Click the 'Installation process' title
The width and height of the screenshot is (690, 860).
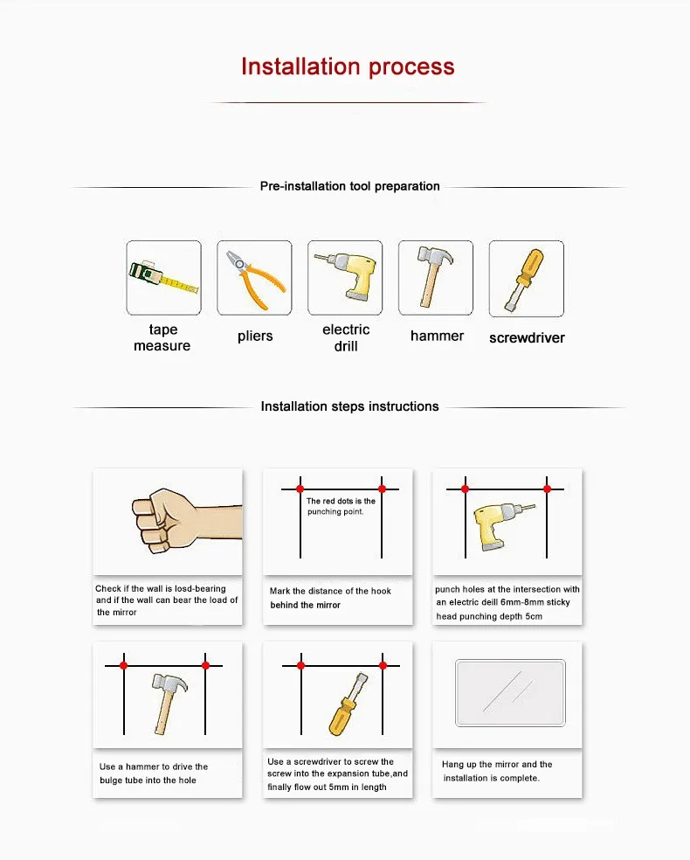tap(348, 67)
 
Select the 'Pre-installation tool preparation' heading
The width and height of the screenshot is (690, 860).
tap(349, 186)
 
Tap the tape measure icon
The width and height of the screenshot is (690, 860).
tap(163, 277)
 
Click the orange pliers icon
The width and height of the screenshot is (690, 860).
tap(254, 277)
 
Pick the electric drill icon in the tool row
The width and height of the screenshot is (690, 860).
tap(345, 277)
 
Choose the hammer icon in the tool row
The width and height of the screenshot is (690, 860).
tap(435, 277)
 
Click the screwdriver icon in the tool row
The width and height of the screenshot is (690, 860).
tap(526, 277)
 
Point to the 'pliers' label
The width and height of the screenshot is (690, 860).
tap(255, 336)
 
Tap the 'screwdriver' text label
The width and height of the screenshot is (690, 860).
tap(527, 338)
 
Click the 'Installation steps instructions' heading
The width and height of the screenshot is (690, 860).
tap(349, 406)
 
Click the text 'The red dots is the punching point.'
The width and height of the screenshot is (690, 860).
tap(341, 506)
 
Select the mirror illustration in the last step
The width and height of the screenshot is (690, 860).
tap(510, 692)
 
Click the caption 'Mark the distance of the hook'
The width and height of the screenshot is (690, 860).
tap(330, 592)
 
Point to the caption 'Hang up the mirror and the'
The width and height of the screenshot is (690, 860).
tap(497, 765)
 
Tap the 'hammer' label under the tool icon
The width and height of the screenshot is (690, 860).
tap(437, 336)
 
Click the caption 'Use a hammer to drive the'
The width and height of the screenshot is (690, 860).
tap(154, 766)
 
